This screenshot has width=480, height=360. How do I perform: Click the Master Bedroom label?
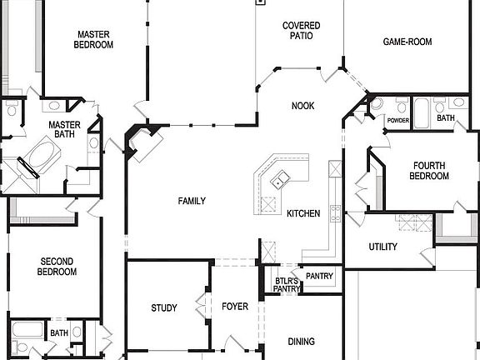(x=94, y=40)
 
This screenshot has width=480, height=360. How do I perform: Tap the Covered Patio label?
(x=301, y=31)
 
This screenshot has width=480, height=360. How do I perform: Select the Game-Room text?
(x=406, y=42)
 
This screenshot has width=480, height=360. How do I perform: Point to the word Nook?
(x=302, y=106)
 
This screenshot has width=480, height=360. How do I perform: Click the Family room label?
(x=191, y=201)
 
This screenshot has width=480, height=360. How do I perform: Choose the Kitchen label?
(x=303, y=214)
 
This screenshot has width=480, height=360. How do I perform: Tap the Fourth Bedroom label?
(x=430, y=171)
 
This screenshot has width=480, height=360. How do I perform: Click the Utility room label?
(x=382, y=247)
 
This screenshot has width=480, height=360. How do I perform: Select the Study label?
(x=163, y=308)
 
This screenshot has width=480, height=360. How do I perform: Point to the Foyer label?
(x=234, y=307)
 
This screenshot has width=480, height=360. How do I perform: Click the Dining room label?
(x=301, y=342)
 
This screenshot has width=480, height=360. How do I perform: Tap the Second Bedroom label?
(x=57, y=267)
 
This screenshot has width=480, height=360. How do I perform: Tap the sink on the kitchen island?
(x=280, y=177)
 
